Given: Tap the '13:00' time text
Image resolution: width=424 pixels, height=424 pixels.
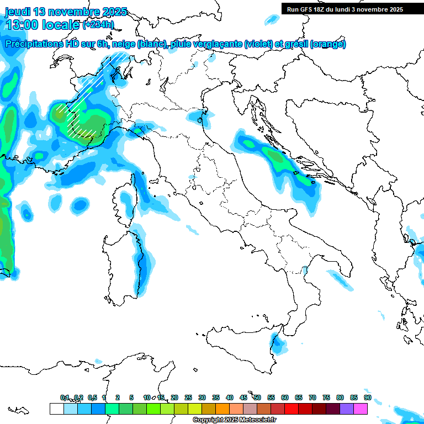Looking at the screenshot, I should coord(22,25).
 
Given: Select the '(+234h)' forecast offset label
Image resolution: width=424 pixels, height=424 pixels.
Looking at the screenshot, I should coord(98,25).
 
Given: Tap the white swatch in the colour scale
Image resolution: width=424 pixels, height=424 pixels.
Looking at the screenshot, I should coord(56,409).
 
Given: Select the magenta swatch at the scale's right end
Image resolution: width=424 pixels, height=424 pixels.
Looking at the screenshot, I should coord(361,409).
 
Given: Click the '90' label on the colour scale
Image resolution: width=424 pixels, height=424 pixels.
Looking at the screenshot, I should coord(367,397).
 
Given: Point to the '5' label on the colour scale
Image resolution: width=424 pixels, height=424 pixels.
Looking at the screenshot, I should coord(131,397).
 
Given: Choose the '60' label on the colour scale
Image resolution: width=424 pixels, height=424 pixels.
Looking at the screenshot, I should coord(285,397).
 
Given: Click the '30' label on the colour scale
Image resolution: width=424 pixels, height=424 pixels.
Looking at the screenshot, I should coord(202,397).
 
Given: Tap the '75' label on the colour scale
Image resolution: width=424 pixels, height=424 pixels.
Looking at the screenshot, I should coord(326,397).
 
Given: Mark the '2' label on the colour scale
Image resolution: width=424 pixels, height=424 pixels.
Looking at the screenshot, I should coord(118,397).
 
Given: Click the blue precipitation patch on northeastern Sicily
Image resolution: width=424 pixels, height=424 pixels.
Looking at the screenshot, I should coord(280,346).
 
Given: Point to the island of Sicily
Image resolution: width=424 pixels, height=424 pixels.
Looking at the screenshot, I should coord(243,353).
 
